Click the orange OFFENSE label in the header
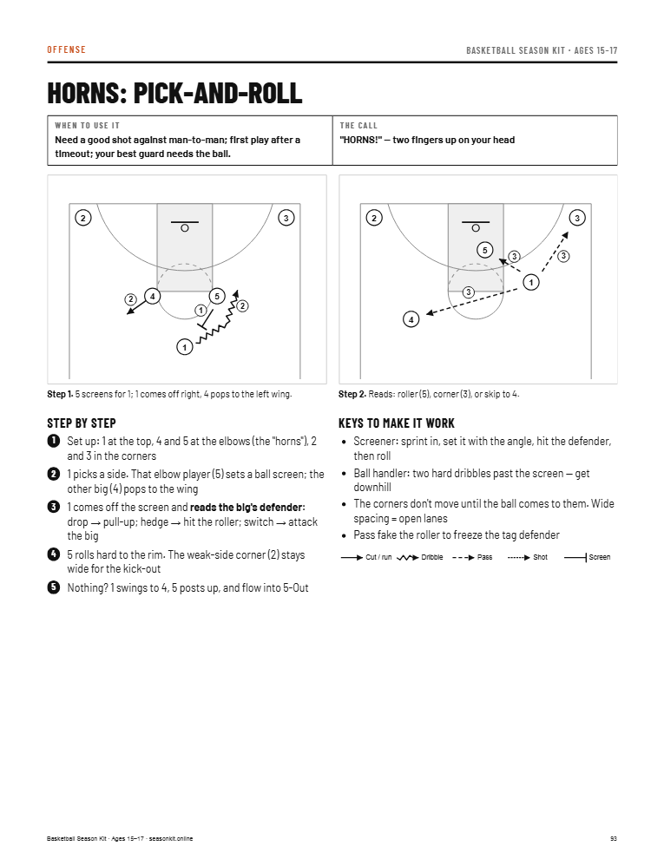pos(66,49)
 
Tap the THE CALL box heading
pos(358,126)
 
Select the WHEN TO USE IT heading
pos(87,126)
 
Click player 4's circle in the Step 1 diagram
pos(152,297)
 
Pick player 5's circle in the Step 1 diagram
pos(217,297)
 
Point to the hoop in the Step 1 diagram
pos(185,228)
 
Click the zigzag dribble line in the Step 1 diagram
pos(218,319)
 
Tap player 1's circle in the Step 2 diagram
pos(531,282)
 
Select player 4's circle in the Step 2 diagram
pos(411,318)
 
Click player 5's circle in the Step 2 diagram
pos(485,251)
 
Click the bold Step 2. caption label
pos(352,394)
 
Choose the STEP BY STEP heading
pos(81,423)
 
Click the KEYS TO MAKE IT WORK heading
pos(396,423)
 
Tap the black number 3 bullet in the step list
pos(54,507)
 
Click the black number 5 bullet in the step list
pos(54,587)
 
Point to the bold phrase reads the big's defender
pos(247,508)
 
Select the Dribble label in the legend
pos(431,557)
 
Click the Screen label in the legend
pos(600,557)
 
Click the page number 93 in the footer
pos(614,839)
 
